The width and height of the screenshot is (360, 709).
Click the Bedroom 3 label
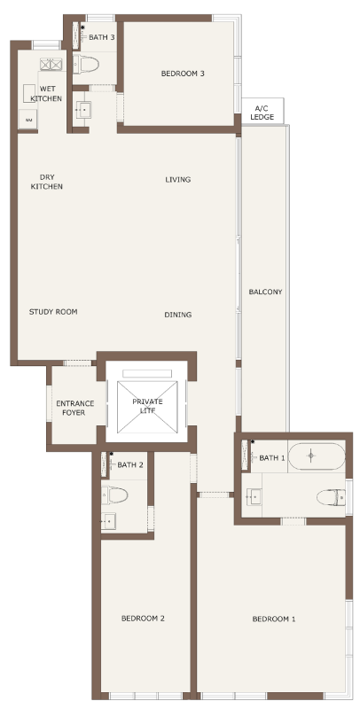pos(183,74)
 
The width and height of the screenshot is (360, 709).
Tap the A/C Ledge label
pos(262,113)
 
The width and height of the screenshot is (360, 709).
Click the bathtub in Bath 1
pos(317,456)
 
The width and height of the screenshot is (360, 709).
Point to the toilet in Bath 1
pos(331,498)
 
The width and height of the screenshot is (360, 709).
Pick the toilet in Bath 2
pos(114,495)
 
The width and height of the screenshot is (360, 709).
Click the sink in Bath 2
pos(108,521)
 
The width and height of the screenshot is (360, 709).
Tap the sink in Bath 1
pos(254,496)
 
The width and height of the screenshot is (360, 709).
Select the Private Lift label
pos(147,406)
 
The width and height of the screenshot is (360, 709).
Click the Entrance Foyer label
pos(75,408)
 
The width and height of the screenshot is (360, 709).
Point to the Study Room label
pos(53,312)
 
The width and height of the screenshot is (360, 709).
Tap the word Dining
pos(177,315)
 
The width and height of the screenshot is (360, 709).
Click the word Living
pos(177,180)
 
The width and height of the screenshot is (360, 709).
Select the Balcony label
pos(265,292)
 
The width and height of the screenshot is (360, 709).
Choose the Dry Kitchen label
pos(47,182)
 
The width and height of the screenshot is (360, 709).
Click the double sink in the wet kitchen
pos(51,64)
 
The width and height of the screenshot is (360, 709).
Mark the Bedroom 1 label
pos(274,619)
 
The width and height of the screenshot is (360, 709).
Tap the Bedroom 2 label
pos(143,618)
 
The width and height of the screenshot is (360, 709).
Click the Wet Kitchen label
pos(47,94)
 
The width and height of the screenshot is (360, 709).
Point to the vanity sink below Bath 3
pos(83,109)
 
